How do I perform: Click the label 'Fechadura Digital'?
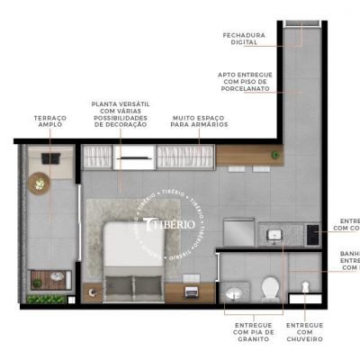243,38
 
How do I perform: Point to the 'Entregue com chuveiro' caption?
305,331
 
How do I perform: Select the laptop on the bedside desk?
191,291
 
